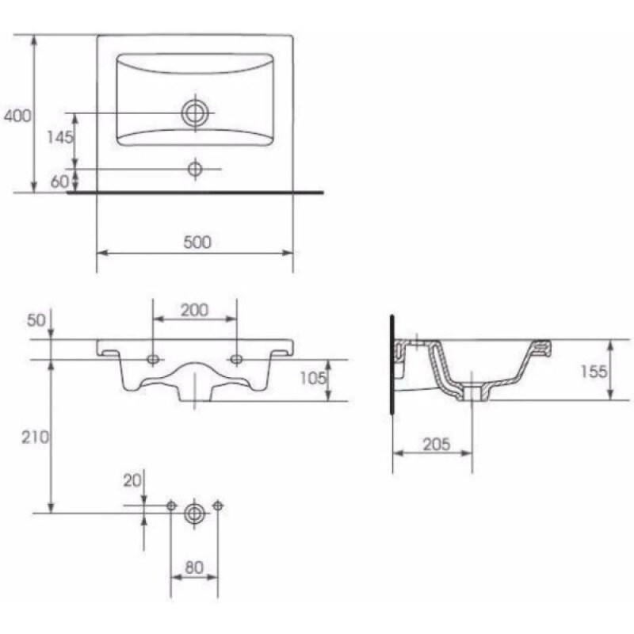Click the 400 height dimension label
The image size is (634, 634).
click(x=17, y=116)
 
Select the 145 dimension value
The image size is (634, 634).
click(x=60, y=137)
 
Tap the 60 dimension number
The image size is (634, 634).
click(x=59, y=181)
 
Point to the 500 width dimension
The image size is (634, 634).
click(x=197, y=243)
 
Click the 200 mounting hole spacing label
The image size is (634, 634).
click(x=194, y=310)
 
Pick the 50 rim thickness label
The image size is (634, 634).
click(x=36, y=320)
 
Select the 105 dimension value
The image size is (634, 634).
click(x=313, y=378)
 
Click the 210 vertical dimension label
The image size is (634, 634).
click(x=35, y=437)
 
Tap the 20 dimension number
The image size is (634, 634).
click(x=132, y=481)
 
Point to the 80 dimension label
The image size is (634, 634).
click(x=194, y=567)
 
